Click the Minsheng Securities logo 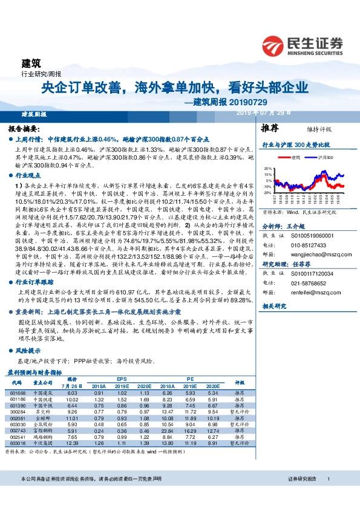click(303, 45)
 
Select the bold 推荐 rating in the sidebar click(270, 129)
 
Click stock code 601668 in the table click(19, 393)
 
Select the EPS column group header click(122, 378)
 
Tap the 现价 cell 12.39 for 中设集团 click(73, 443)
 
